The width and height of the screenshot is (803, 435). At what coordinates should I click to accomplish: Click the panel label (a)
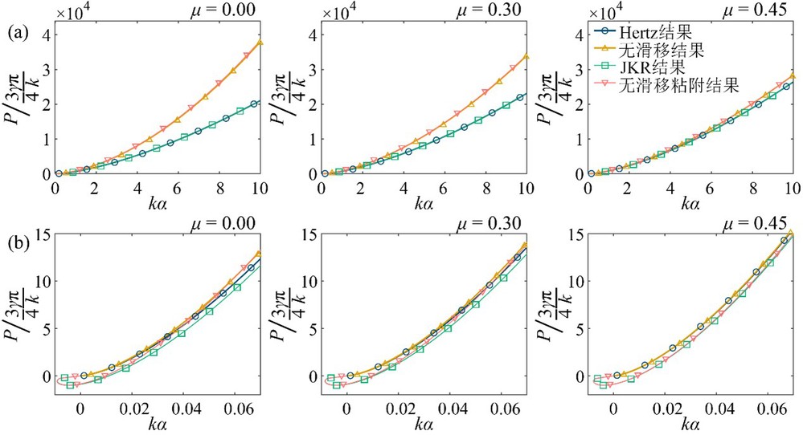tap(18, 33)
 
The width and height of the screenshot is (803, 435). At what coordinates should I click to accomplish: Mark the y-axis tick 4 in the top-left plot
tap(47, 35)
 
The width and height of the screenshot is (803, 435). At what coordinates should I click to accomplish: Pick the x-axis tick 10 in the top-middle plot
tap(527, 188)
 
